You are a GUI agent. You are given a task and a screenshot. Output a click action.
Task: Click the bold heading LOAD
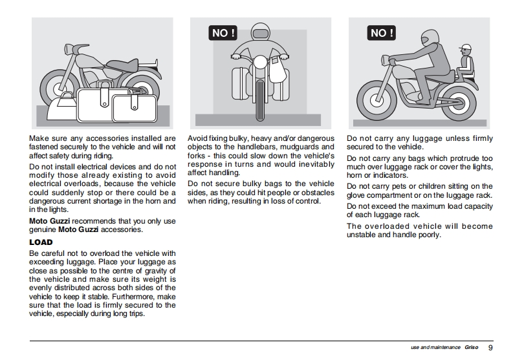41,242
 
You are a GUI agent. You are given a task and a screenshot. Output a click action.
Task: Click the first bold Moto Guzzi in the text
46,220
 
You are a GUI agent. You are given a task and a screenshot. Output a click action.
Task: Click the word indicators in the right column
387,175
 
